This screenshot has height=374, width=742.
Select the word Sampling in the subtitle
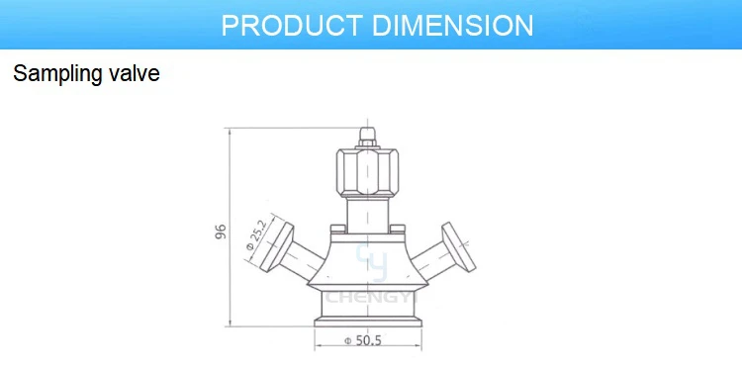(x=55, y=74)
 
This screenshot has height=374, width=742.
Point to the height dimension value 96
(x=221, y=232)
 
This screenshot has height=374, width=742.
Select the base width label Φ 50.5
(x=363, y=341)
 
